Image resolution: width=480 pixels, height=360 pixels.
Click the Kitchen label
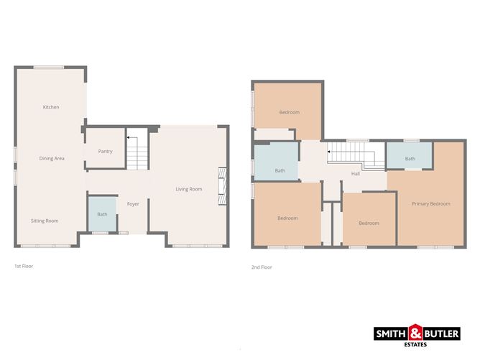pyautogui.click(x=51, y=107)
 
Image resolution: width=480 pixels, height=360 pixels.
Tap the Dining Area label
pyautogui.click(x=52, y=158)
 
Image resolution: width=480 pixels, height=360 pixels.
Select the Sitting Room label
pyautogui.click(x=45, y=221)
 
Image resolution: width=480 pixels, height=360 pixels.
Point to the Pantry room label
pyautogui.click(x=105, y=152)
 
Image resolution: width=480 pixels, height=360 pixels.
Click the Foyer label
pyautogui.click(x=133, y=204)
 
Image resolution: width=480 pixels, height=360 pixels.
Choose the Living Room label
pyautogui.click(x=189, y=189)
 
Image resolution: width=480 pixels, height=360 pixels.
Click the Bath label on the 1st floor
pyautogui.click(x=102, y=214)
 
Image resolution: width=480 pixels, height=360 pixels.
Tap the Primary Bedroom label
pyautogui.click(x=430, y=203)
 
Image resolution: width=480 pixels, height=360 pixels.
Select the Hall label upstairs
pyautogui.click(x=355, y=174)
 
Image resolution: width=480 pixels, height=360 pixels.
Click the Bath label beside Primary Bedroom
pyautogui.click(x=410, y=159)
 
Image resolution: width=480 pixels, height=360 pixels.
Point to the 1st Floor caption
pyautogui.click(x=24, y=266)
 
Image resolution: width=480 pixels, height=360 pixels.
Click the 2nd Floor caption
pyautogui.click(x=262, y=267)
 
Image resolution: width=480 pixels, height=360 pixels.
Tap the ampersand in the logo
pyautogui.click(x=416, y=333)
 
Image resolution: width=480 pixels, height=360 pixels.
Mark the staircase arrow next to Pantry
pyautogui.click(x=129, y=137)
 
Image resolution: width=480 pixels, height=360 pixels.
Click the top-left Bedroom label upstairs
pyautogui.click(x=289, y=112)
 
